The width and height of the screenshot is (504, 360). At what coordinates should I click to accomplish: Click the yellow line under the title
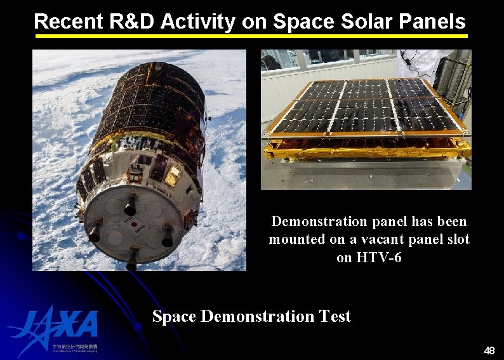[x=251, y=36]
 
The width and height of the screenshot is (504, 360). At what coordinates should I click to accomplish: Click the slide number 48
[x=489, y=350]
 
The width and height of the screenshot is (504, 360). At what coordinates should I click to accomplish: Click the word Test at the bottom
[x=334, y=316]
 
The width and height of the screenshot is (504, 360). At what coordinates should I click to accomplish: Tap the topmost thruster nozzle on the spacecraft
[x=130, y=205]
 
